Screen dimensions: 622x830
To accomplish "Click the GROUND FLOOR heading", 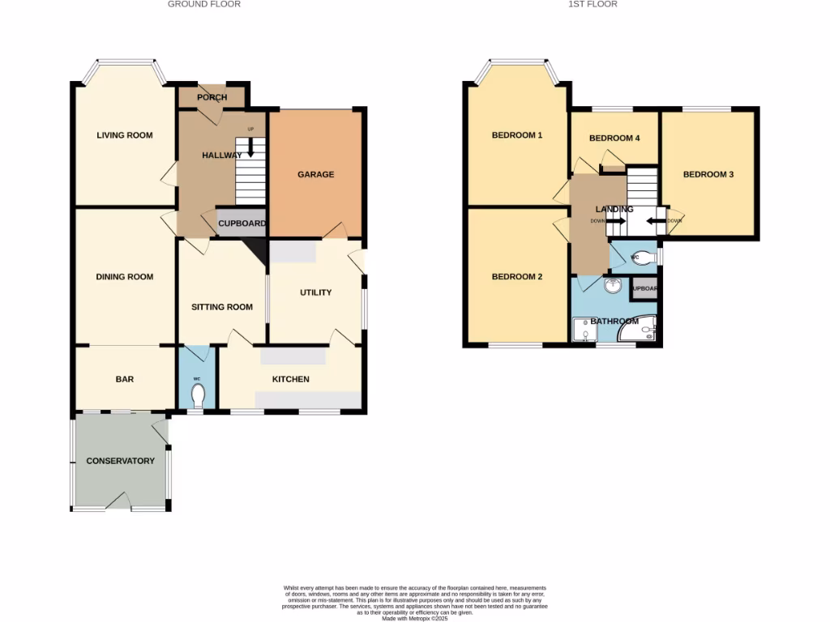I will (x=203, y=4).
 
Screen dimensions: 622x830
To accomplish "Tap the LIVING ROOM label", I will (x=125, y=135).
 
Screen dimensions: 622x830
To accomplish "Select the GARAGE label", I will (x=315, y=174).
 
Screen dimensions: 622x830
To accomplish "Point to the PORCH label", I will (x=212, y=98).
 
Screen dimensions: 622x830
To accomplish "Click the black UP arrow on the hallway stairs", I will (x=250, y=147).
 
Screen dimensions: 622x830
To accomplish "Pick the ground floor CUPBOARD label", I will (x=242, y=224).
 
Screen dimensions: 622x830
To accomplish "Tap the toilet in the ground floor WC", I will (x=197, y=396).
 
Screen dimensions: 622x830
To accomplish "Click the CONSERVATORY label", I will (x=120, y=461).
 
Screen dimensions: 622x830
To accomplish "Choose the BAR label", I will (x=125, y=379).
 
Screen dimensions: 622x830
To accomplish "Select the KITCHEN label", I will (x=290, y=379).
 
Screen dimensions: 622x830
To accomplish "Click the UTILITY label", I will (x=315, y=292).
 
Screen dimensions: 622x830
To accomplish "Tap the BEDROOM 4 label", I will (x=614, y=138).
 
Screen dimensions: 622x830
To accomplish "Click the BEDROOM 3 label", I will (x=708, y=174).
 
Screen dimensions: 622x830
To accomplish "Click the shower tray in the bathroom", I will (x=583, y=330).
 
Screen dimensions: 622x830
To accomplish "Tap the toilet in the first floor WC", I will (x=646, y=253).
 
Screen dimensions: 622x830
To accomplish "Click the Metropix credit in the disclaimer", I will (x=414, y=618).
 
